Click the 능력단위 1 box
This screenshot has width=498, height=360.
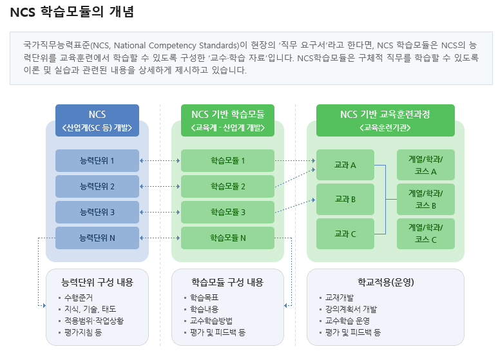tap(97, 160)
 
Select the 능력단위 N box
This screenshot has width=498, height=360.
tap(97, 238)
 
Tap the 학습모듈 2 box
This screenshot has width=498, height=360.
tap(227, 186)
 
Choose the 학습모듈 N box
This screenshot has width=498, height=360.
tap(227, 238)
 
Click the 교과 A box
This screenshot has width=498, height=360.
tap(345, 165)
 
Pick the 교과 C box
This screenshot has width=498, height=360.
tap(345, 234)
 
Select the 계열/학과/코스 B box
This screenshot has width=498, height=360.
tap(426, 200)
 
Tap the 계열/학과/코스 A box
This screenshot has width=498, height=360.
tap(426, 165)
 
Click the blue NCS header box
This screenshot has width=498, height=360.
tap(97, 120)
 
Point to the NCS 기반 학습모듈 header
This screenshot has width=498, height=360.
tap(227, 120)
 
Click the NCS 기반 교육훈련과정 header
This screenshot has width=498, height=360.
tap(385, 120)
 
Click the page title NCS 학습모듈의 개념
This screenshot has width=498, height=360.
tap(72, 12)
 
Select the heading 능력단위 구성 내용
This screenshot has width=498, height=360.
tap(97, 282)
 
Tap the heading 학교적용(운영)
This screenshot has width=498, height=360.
tap(385, 282)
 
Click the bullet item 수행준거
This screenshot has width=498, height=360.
tap(79, 298)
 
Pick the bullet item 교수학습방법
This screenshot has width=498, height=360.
tap(211, 321)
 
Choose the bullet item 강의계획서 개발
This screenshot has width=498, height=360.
tap(351, 309)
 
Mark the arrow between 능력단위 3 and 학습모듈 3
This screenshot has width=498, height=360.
tap(160, 212)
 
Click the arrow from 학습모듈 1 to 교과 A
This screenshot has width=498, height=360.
tap(295, 160)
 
